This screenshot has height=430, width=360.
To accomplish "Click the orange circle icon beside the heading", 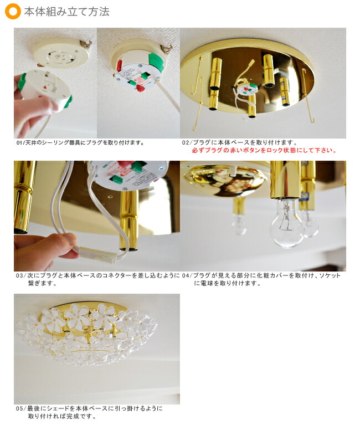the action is click(13, 11).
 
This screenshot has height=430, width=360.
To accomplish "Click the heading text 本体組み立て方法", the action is click(67, 12).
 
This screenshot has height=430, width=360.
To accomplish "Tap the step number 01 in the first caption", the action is click(19, 142).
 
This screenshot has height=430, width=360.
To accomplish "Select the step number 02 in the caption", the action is click(185, 142).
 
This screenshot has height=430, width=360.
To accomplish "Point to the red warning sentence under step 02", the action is click(264, 150).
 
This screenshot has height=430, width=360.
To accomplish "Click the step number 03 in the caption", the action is click(19, 275).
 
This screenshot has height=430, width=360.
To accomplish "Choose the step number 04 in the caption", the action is click(185, 275).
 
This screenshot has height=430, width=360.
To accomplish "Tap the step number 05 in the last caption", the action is click(19, 408).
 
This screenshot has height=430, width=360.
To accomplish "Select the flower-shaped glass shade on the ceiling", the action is click(88, 334).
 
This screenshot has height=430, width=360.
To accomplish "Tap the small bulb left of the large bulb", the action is click(239, 224).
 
